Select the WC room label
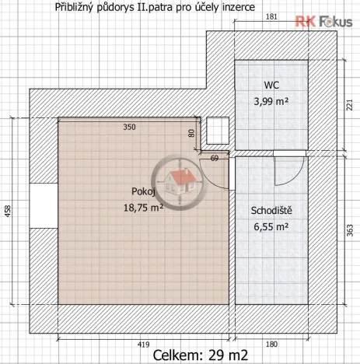coord(271,85)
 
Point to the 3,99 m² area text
coord(271,101)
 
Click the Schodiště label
coord(271,211)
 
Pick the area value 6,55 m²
coord(271,227)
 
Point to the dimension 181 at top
coord(271,16)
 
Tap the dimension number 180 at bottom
coord(271,342)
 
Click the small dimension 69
coord(215,159)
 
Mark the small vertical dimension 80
coord(192,133)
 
